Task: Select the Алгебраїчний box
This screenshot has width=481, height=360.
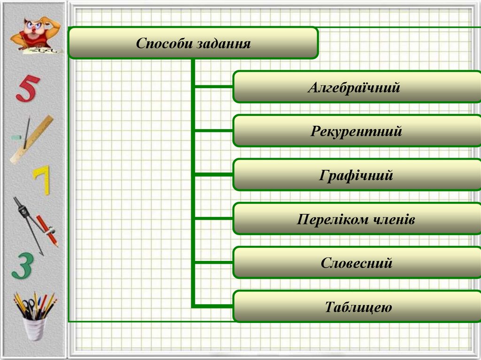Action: click(x=357, y=87)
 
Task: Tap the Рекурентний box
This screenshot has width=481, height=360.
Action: click(x=357, y=131)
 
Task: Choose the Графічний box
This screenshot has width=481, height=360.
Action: click(x=357, y=175)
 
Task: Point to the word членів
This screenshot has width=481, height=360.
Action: click(x=392, y=219)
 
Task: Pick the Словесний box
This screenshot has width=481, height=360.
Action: click(x=357, y=263)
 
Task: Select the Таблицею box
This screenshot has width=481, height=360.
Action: click(x=357, y=307)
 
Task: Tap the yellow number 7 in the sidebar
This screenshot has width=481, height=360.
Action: click(x=42, y=181)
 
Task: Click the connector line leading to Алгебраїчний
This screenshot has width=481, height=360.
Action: click(x=214, y=86)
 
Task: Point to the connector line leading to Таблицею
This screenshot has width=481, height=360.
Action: click(x=214, y=306)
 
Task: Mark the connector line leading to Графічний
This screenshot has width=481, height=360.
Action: click(x=214, y=174)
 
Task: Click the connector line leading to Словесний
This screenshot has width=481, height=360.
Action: click(x=214, y=262)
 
